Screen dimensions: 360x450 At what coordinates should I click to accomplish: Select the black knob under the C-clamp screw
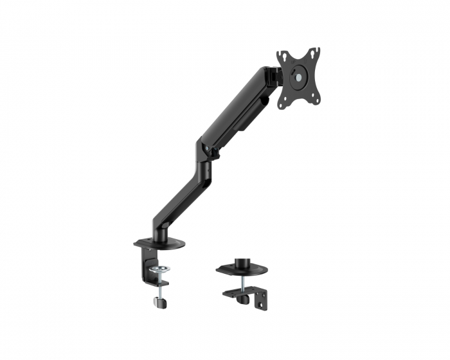coord(158,301)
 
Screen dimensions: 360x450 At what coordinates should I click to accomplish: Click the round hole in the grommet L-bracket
coord(261,300)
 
